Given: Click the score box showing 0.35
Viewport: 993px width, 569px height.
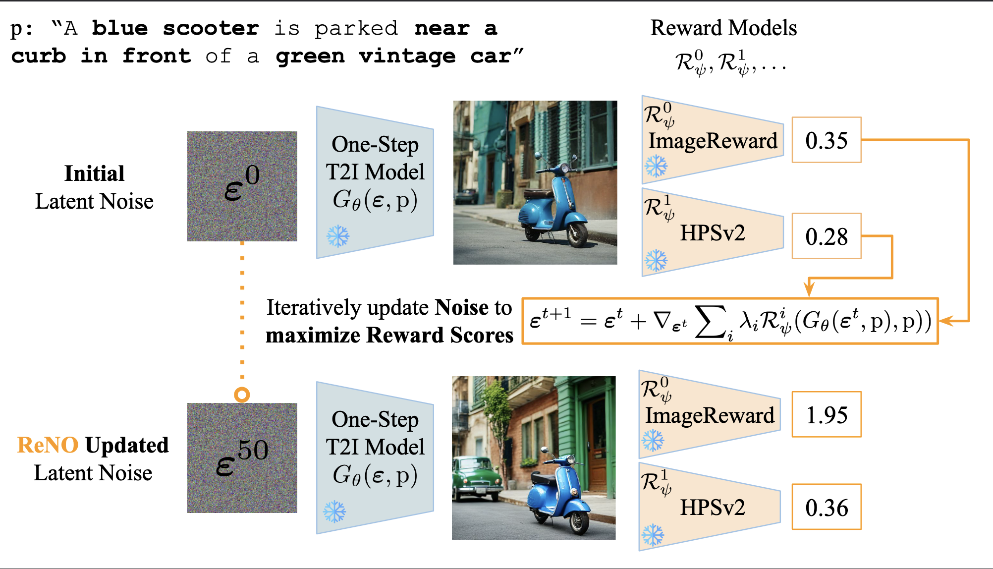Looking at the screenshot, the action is click(826, 140).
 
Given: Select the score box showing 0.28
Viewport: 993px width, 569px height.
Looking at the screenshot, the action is click(826, 236).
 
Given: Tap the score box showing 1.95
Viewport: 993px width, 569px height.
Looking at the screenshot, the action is click(826, 414).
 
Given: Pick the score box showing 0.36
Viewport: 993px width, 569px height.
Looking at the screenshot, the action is click(826, 507).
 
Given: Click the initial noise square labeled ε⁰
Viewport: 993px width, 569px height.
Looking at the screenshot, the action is click(242, 186).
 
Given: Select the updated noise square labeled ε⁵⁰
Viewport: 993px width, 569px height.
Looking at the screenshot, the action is click(242, 457).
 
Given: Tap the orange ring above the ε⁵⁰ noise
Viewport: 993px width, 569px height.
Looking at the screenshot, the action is click(242, 395).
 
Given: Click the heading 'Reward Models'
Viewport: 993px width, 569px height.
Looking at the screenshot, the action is click(723, 28).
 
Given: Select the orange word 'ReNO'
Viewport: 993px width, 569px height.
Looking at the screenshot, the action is click(48, 445).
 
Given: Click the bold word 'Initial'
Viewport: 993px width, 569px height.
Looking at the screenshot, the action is click(94, 173).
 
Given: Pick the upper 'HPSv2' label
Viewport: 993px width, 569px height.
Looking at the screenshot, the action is click(712, 233).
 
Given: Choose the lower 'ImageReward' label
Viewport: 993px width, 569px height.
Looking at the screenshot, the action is click(709, 415).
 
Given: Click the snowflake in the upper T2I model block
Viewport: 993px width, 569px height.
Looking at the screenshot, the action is click(338, 236).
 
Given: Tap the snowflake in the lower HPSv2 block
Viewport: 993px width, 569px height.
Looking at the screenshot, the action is click(653, 535).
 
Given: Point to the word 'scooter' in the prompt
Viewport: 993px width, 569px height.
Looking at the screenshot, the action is click(211, 28).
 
